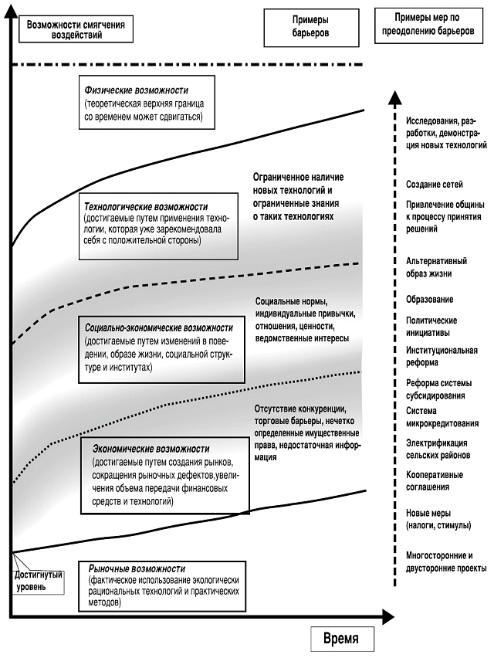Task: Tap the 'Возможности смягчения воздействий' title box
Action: coord(73,29)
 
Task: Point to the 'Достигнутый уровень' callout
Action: coord(39,581)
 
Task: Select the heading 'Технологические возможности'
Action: coord(147,207)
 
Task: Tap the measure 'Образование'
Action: coord(429,299)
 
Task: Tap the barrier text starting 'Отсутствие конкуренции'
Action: coord(305,432)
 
